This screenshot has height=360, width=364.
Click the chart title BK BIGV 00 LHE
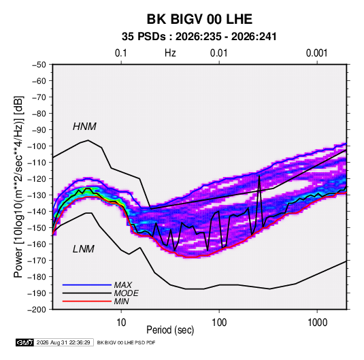[x=199, y=19]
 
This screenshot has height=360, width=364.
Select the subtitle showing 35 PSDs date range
[x=199, y=37]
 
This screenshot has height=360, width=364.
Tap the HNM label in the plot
[x=84, y=127]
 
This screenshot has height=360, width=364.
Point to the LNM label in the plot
[x=84, y=249]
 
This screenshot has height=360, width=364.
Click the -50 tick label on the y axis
[x=39, y=65]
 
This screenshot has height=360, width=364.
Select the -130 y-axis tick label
[x=37, y=195]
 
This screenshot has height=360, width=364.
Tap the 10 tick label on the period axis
[x=121, y=323]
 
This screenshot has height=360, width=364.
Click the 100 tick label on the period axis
[x=219, y=323]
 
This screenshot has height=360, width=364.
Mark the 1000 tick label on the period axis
[x=317, y=323]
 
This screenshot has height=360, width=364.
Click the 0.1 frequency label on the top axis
[x=121, y=53]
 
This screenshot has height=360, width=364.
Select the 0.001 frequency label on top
[x=316, y=53]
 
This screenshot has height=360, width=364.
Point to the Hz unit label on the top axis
[x=170, y=53]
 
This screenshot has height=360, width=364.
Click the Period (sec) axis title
[x=170, y=330]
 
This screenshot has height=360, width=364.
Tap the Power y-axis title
[x=18, y=186]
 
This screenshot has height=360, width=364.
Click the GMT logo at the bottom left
[x=25, y=342]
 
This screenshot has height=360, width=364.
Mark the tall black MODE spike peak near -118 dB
[x=259, y=176]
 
